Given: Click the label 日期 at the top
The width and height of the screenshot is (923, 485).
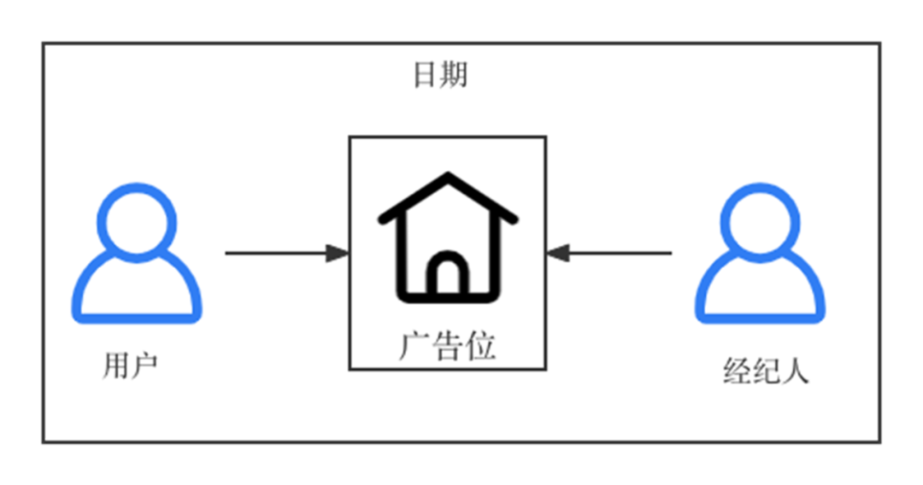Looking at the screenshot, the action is click(x=440, y=75).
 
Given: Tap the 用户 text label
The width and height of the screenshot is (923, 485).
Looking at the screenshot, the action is click(x=130, y=365).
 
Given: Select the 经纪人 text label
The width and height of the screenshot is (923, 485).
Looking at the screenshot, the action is click(x=765, y=371).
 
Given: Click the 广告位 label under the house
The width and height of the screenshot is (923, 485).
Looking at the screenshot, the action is click(x=447, y=347).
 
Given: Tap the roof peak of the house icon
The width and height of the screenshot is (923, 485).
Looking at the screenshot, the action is click(x=448, y=178).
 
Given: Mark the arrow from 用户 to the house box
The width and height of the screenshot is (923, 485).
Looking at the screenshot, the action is click(x=286, y=253).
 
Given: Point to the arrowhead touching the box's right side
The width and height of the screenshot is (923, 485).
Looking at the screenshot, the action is click(x=558, y=253).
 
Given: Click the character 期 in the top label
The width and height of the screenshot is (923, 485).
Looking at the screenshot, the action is click(x=454, y=75).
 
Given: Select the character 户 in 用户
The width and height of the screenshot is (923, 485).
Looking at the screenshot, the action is click(x=144, y=365).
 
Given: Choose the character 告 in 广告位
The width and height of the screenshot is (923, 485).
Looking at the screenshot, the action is click(x=447, y=347).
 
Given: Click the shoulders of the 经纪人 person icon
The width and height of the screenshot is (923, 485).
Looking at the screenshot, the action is click(x=760, y=295).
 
